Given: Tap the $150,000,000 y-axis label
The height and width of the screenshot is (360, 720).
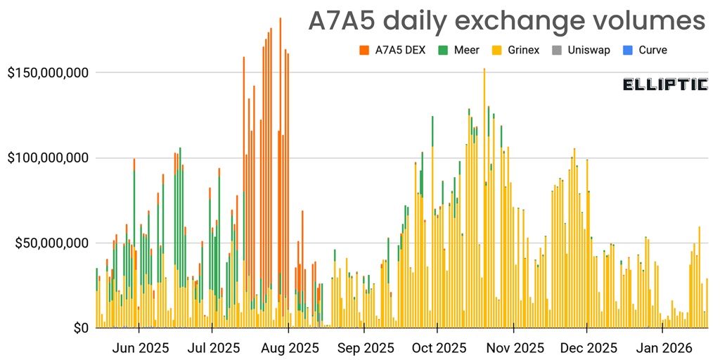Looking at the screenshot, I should (49, 72).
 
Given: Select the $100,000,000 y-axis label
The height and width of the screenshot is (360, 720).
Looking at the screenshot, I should (49, 157).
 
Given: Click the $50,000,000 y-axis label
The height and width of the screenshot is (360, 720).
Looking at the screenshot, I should (53, 243).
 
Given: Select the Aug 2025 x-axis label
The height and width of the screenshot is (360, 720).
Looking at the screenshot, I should (290, 347).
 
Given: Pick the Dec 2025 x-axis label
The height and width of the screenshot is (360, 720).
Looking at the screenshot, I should (589, 347).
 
